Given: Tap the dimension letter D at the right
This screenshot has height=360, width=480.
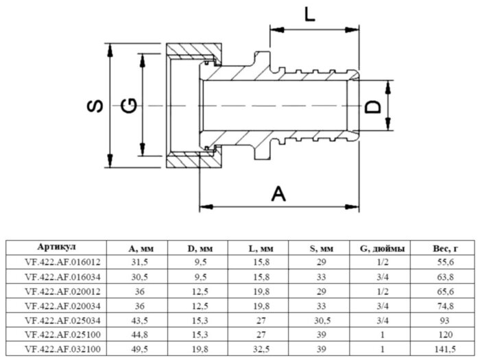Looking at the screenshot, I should click(x=372, y=107).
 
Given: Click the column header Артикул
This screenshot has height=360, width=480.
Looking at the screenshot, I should click(x=56, y=248).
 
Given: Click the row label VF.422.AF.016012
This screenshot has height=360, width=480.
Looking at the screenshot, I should click(x=56, y=261).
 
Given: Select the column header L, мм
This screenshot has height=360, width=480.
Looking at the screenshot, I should click(x=259, y=248).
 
